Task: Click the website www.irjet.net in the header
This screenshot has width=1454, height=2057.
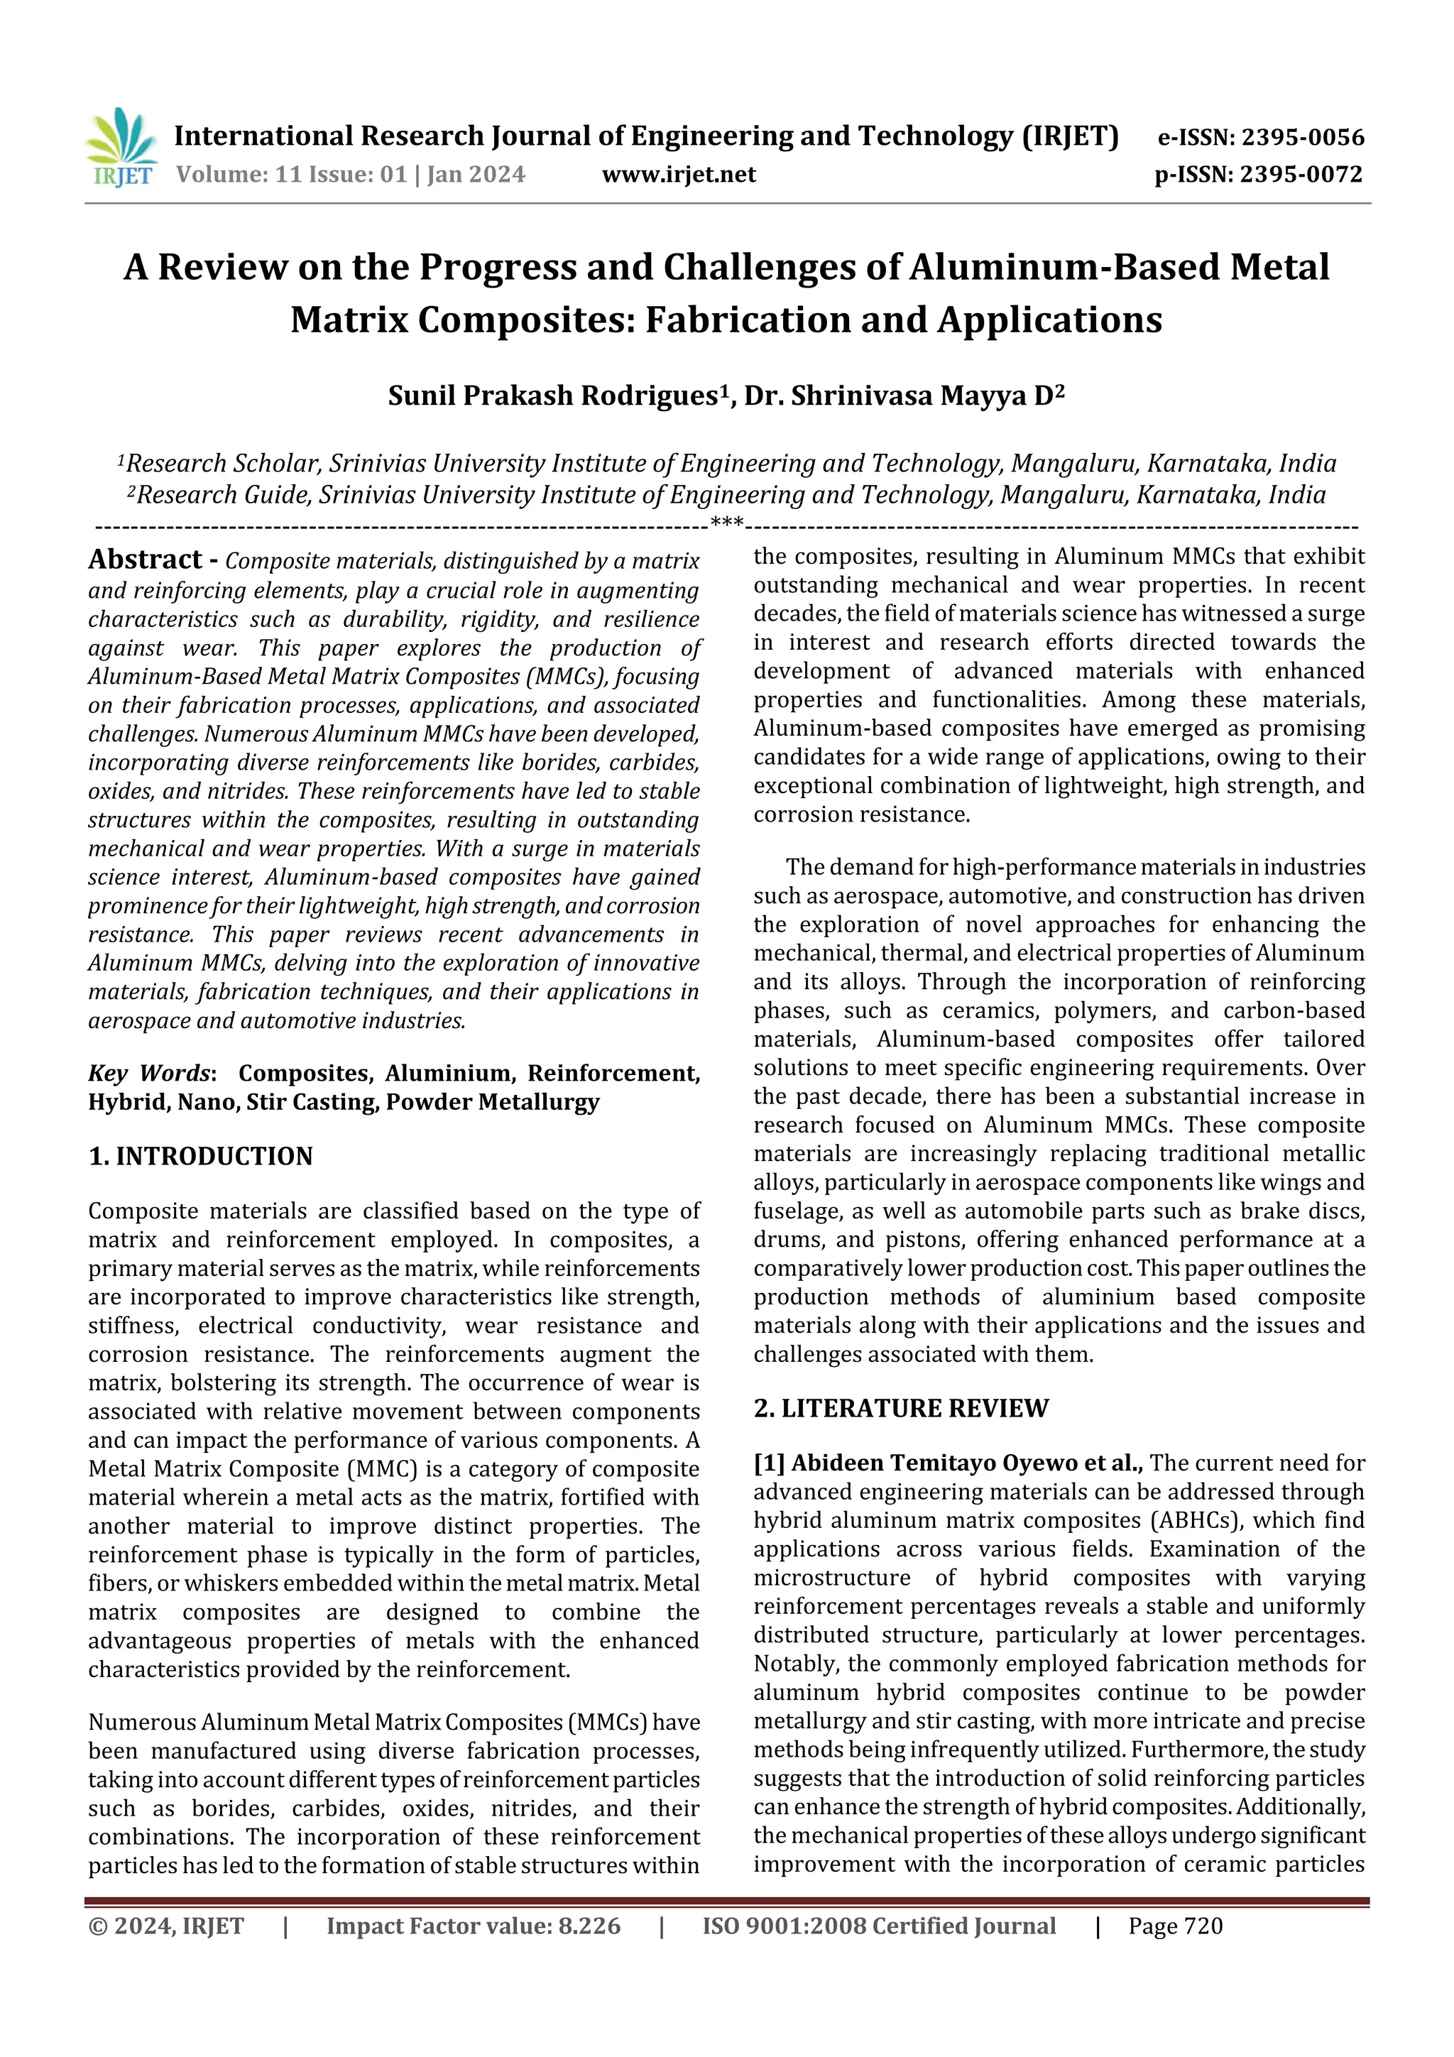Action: coord(678,175)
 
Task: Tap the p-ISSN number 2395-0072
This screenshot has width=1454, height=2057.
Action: coord(1301,175)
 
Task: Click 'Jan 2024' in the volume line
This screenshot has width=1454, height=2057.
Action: coord(476,175)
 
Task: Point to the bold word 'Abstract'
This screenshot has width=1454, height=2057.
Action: coord(145,560)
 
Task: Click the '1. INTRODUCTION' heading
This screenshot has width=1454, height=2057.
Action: coord(201,1157)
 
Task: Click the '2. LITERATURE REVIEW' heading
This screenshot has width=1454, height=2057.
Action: coord(900,1408)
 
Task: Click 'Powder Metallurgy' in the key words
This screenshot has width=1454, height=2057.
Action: coord(492,1102)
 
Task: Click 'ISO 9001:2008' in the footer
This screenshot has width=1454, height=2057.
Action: coord(784,1926)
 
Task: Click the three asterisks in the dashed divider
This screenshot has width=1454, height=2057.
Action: coord(726,523)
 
